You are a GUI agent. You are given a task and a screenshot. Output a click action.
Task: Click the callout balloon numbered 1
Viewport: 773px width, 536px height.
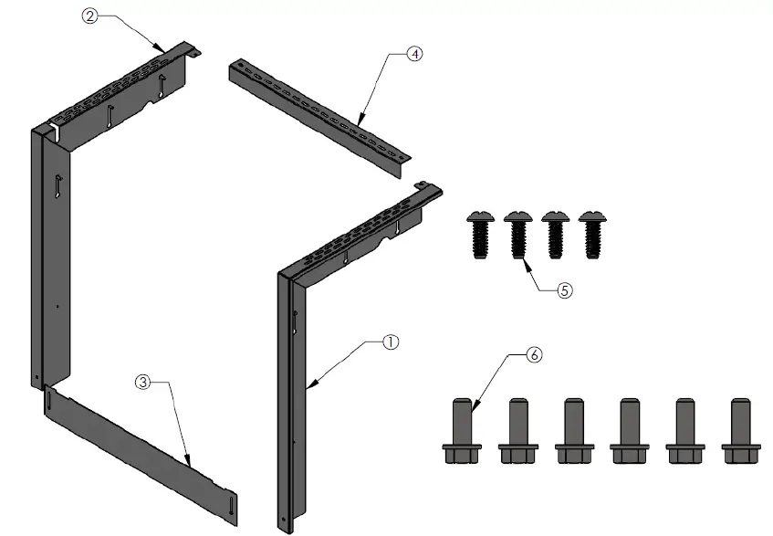390,342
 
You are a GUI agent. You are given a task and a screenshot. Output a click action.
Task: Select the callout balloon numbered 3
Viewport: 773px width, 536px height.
141,383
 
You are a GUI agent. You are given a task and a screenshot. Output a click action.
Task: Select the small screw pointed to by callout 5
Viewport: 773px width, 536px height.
517,236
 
